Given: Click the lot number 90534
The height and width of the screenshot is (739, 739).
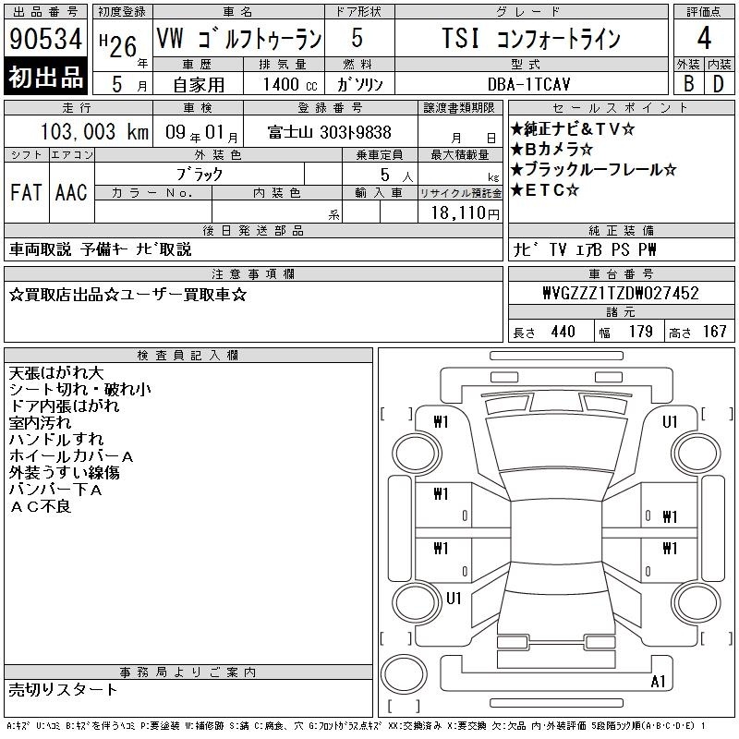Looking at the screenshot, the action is (x=45, y=39).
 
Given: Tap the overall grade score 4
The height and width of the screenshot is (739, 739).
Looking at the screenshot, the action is (x=704, y=38).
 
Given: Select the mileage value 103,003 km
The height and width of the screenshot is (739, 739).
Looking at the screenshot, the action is (x=94, y=132).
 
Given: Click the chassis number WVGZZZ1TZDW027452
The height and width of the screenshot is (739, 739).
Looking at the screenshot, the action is (x=621, y=293).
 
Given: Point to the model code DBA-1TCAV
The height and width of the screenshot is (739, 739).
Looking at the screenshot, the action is (x=528, y=84).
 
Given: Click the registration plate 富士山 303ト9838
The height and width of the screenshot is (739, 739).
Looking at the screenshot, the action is (x=330, y=132).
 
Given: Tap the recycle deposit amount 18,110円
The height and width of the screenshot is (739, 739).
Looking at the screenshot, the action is (x=466, y=213).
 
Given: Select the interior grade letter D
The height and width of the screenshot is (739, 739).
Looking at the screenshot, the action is (x=719, y=84).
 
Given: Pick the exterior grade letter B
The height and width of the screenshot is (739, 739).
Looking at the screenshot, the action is (x=688, y=84).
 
